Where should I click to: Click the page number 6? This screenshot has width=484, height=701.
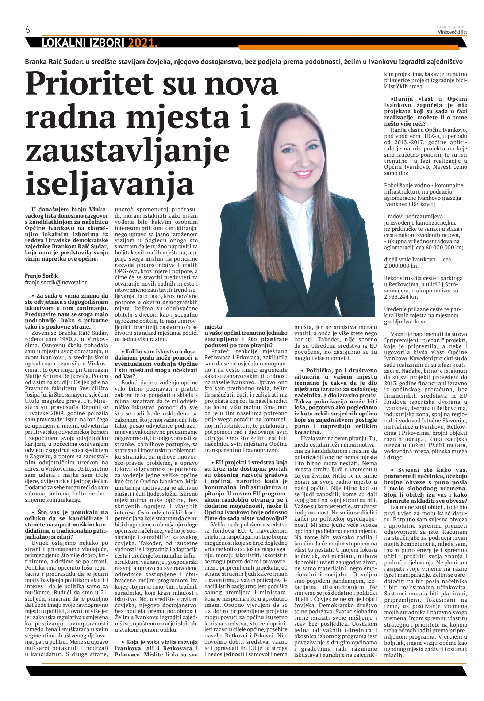[x=28, y=30]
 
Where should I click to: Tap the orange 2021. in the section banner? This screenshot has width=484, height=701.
[x=142, y=43]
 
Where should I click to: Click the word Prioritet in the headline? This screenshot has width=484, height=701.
[x=91, y=85]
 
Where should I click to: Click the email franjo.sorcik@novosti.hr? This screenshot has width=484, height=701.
[x=56, y=282]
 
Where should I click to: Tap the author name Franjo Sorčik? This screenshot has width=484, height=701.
[x=41, y=276]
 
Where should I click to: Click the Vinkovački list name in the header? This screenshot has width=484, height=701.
[x=452, y=32]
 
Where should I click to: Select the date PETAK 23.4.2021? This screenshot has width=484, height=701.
[x=451, y=27]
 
